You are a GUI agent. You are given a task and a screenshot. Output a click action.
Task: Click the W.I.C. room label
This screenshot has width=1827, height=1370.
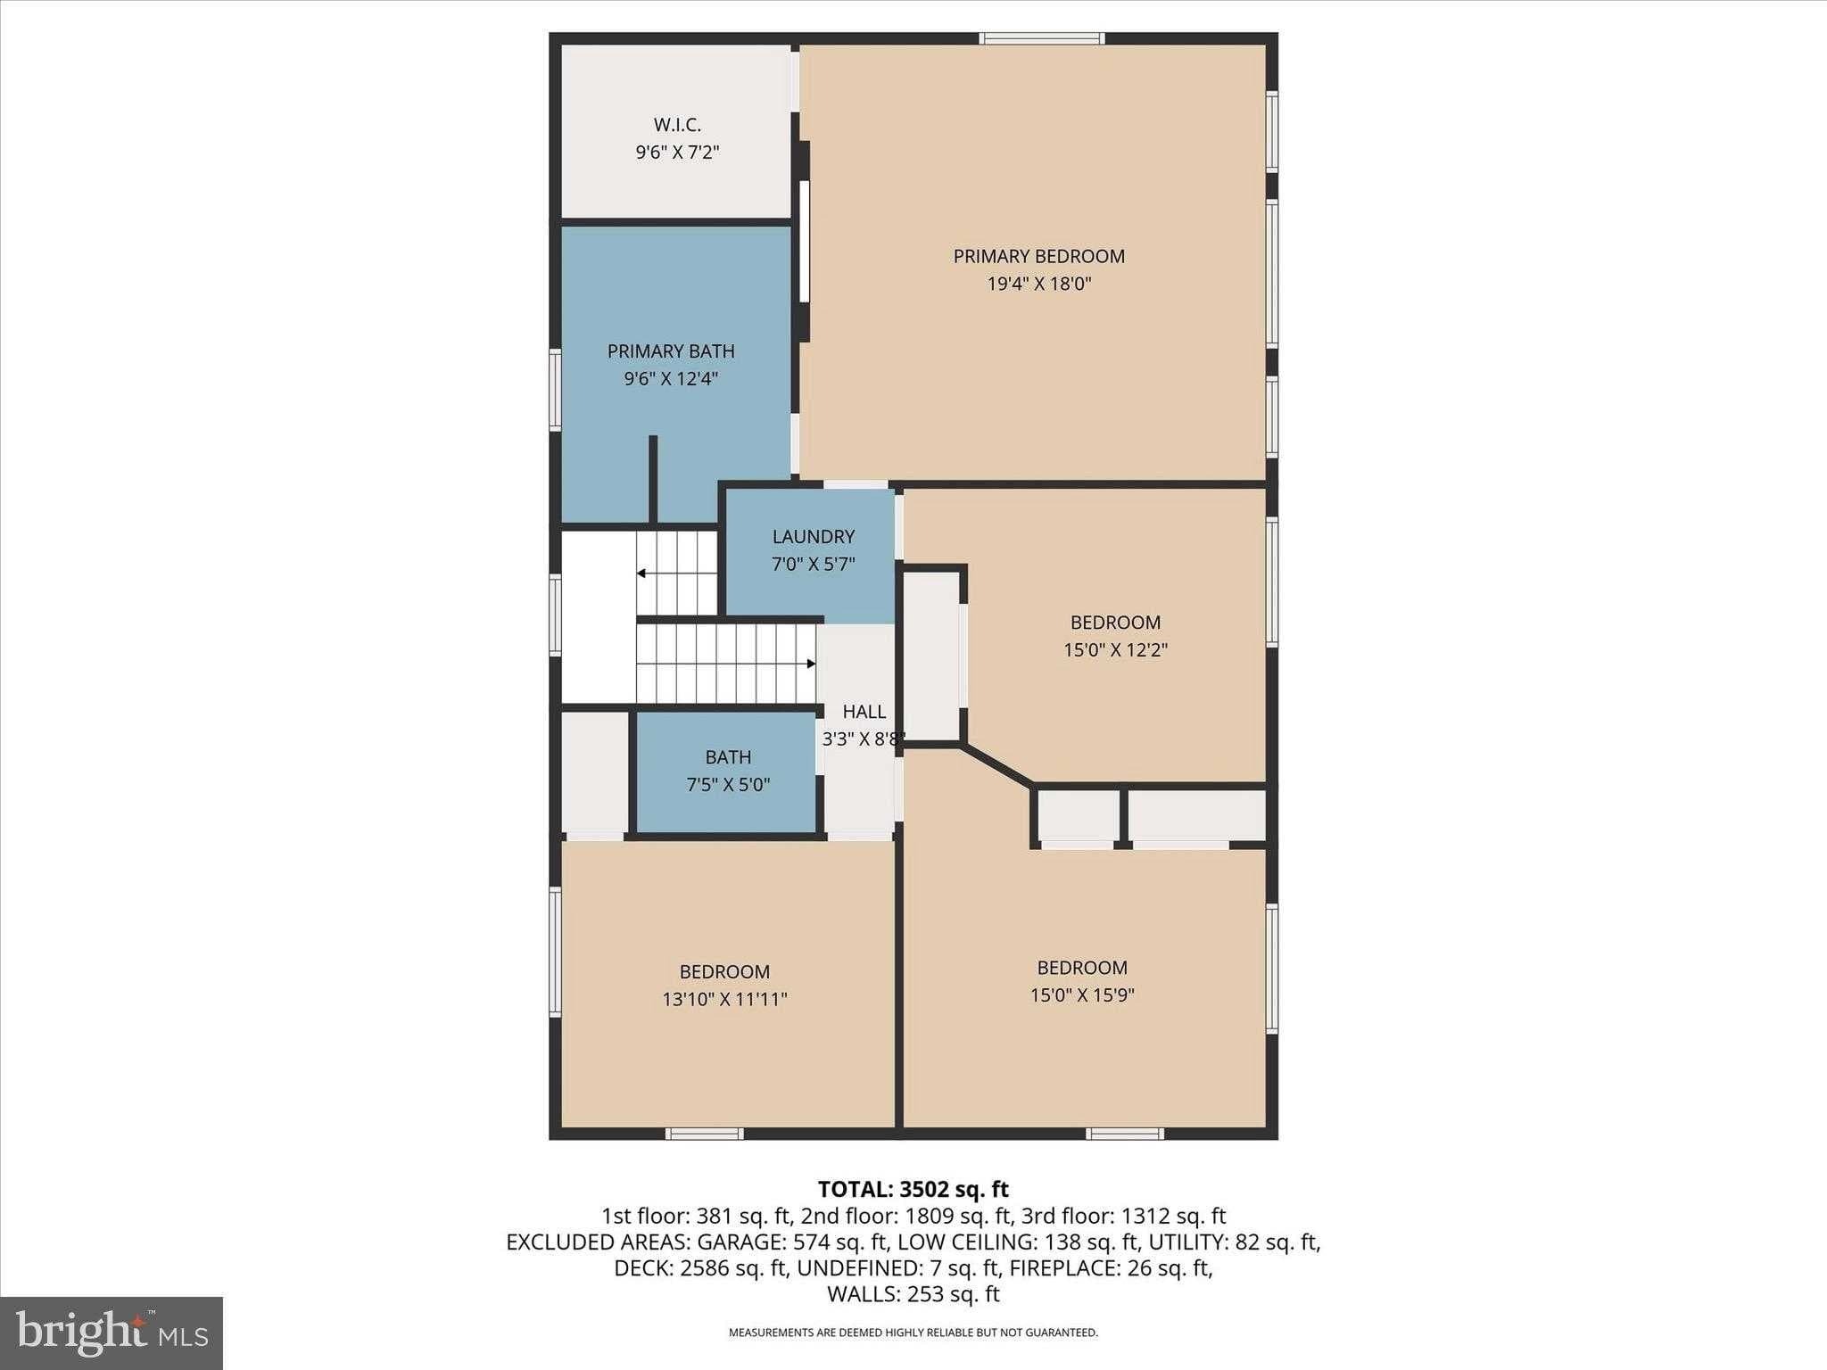(677, 125)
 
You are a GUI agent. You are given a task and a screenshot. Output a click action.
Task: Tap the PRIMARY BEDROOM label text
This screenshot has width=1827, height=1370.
(1038, 256)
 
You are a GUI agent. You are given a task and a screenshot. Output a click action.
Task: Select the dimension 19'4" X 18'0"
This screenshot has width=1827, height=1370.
(1039, 284)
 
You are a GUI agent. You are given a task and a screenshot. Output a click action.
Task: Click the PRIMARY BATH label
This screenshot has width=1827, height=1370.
(671, 351)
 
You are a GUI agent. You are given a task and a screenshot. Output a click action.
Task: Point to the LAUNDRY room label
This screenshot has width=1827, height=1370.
(813, 536)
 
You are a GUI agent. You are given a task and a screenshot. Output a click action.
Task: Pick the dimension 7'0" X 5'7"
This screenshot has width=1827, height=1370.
(813, 564)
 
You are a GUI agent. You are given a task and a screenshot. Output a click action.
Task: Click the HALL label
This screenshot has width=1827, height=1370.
(864, 711)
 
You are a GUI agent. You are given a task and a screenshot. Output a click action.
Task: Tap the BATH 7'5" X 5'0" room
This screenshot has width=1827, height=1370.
(726, 772)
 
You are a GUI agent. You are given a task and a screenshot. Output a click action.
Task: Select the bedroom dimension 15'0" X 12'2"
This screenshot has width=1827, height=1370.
(1115, 649)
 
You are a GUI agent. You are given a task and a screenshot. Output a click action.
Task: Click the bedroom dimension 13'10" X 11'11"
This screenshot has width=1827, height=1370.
(724, 999)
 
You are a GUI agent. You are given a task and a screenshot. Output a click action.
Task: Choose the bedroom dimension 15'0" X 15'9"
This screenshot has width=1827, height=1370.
(1082, 994)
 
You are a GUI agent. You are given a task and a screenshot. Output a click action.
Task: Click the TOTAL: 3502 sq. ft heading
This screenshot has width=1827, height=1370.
(913, 1189)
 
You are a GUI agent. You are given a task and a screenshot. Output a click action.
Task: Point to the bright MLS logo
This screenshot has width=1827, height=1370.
(112, 1333)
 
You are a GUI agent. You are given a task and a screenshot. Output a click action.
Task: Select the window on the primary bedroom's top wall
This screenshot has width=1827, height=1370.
(1041, 38)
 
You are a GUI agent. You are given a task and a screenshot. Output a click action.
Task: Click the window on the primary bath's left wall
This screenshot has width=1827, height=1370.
(555, 391)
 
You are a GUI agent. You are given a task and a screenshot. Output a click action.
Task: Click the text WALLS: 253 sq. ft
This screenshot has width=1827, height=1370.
(913, 1294)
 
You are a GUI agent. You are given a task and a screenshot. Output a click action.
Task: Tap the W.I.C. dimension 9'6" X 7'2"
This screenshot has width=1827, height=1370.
(677, 153)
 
